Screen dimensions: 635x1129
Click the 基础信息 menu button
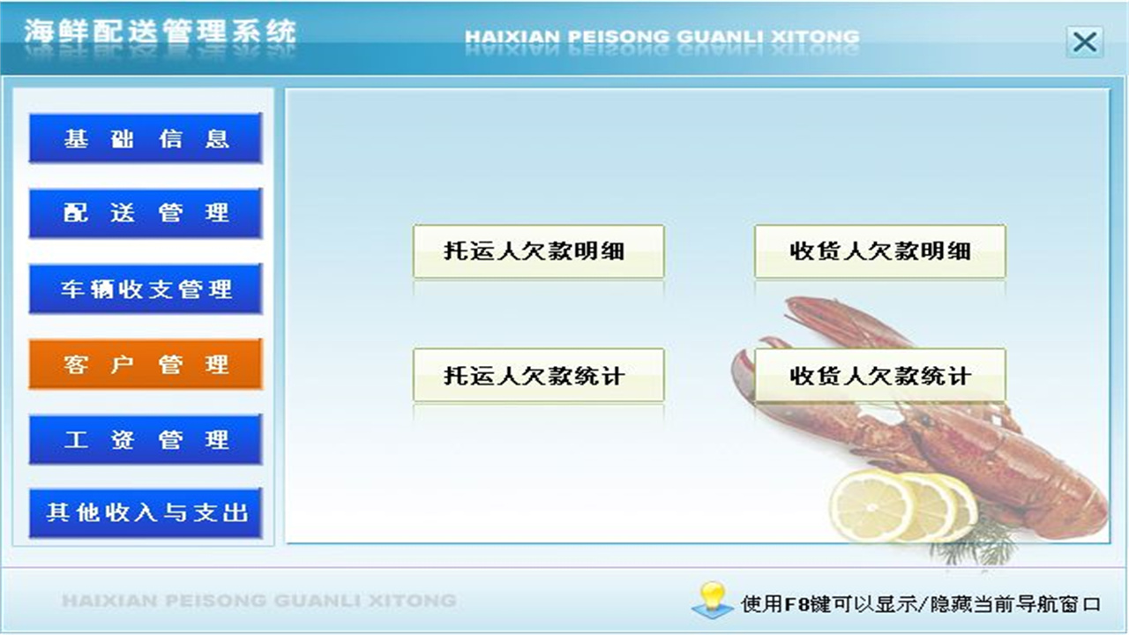click(146, 138)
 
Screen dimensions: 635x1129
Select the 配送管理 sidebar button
click(146, 213)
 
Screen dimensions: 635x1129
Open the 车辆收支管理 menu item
click(146, 289)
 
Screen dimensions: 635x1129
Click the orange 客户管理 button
click(146, 364)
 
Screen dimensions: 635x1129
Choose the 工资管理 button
click(146, 439)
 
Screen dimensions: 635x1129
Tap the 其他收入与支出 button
click(146, 513)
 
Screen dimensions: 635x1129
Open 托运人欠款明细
click(538, 251)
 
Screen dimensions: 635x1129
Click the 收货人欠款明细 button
click(879, 251)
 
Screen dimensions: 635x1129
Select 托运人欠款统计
click(538, 376)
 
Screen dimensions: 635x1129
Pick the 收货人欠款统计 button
click(879, 376)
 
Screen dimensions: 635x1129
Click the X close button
click(1084, 41)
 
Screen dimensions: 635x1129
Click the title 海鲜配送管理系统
click(160, 33)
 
